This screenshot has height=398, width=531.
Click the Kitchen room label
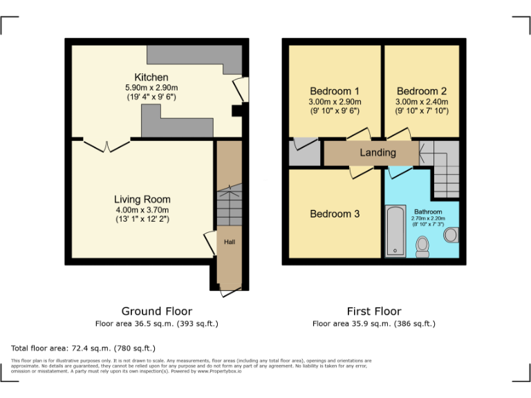pos(151,77)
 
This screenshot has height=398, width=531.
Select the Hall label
pos(229,242)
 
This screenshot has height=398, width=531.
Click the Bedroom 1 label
pos(335,91)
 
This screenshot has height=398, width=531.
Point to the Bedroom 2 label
pos(422,91)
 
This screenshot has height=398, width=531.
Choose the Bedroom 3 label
pos(335,214)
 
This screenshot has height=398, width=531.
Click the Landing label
pos(378,152)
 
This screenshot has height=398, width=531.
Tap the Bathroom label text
pos(428,211)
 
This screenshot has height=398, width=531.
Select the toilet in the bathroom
pos(422,247)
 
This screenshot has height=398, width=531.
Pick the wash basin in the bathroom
pos(451,235)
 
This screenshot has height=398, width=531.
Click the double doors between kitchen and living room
pos(106,145)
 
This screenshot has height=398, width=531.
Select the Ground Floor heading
pos(157,311)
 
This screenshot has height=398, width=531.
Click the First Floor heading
pos(373,311)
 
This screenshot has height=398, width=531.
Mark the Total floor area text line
pos(84,348)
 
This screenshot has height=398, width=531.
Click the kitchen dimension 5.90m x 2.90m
pos(151,88)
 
